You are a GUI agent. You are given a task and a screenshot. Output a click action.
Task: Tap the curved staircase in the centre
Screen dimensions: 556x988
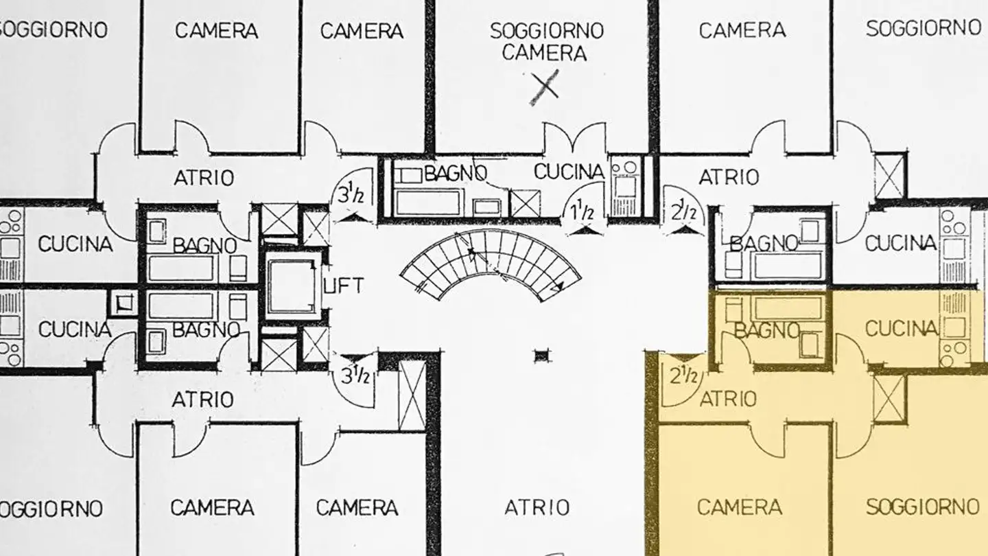tap(491, 264)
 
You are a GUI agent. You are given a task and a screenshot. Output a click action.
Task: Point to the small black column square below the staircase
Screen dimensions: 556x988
tap(542, 356)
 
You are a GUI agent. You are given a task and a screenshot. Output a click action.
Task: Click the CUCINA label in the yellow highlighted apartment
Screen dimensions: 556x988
tap(901, 329)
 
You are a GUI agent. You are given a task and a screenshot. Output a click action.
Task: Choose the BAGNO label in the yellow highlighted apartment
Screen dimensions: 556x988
tap(766, 330)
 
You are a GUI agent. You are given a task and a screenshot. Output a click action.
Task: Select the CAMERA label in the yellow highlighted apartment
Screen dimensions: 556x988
tap(739, 507)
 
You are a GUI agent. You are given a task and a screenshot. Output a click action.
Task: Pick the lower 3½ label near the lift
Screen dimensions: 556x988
tap(356, 376)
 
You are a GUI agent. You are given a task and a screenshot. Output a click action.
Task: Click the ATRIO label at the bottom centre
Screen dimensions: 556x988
tap(537, 507)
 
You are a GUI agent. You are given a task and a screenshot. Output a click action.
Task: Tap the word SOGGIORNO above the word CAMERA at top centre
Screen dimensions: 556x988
tap(546, 30)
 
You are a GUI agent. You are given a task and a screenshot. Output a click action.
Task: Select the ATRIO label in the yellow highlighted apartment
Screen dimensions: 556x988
tap(728, 398)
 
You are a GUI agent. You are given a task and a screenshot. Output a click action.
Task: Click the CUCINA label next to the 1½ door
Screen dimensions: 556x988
tap(569, 172)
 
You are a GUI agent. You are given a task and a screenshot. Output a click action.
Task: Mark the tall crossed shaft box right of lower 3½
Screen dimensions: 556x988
tap(412, 395)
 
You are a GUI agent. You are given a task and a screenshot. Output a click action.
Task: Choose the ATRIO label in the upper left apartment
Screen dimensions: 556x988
tap(203, 178)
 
